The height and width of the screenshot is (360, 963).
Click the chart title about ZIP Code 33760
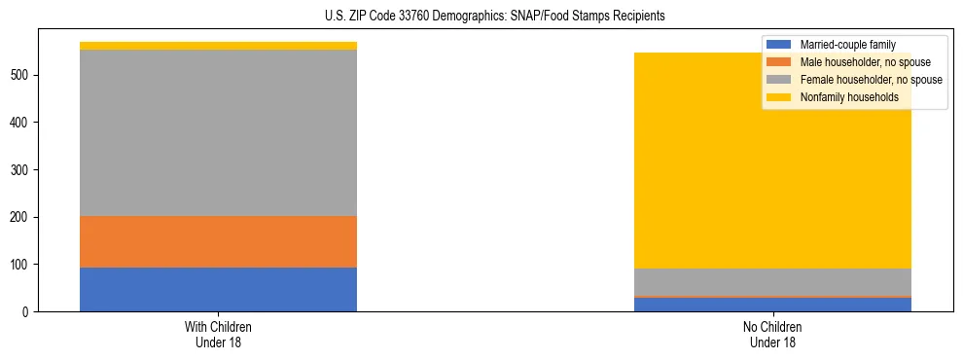481,17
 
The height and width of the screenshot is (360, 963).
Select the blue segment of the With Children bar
218,289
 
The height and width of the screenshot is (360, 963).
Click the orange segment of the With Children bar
218,241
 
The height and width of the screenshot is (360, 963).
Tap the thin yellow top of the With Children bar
218,46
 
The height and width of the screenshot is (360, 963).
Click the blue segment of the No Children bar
772,305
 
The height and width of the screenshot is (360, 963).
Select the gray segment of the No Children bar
772,282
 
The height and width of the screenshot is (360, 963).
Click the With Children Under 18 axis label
218,335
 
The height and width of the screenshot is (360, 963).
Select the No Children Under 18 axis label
772,335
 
